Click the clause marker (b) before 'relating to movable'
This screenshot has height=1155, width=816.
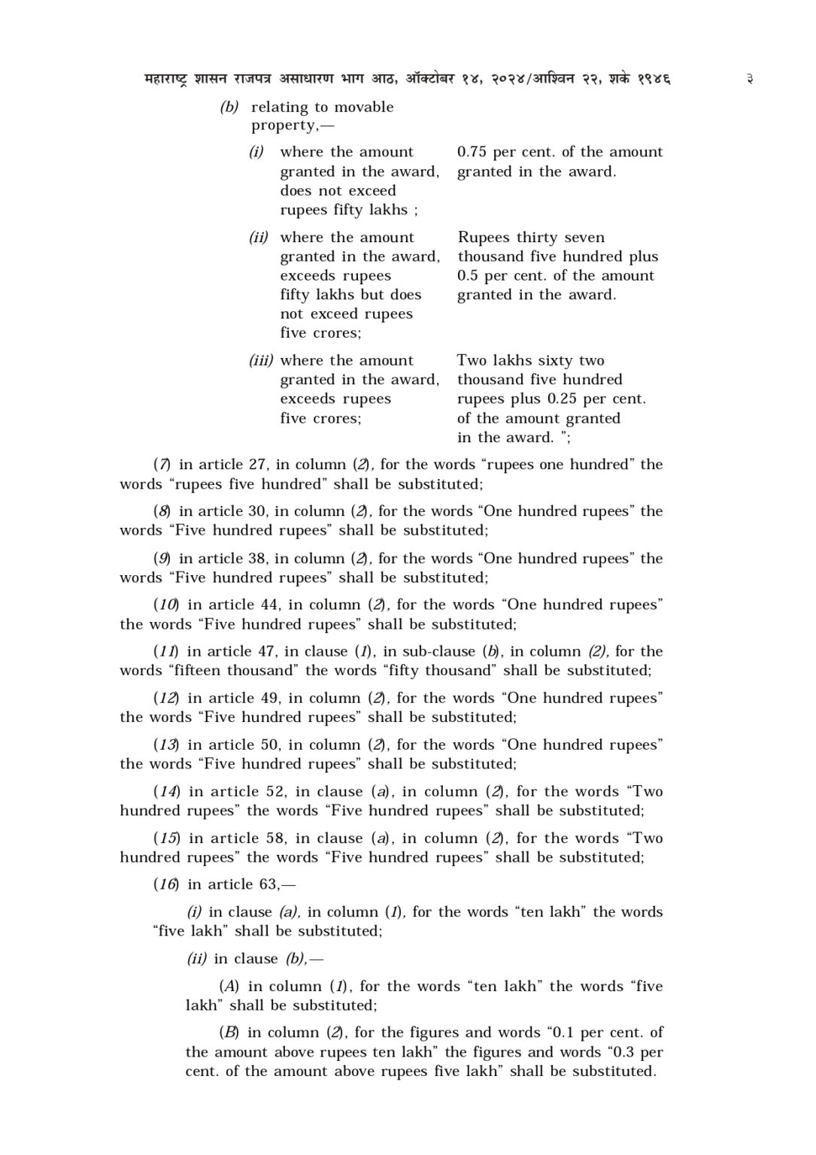tap(229, 108)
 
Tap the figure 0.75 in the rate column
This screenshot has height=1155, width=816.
tap(472, 152)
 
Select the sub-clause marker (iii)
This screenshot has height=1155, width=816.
tap(261, 361)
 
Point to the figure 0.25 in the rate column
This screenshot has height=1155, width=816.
tap(562, 399)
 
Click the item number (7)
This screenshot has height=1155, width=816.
tap(162, 465)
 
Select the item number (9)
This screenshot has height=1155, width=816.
tap(162, 559)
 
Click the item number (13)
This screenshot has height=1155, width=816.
tap(166, 745)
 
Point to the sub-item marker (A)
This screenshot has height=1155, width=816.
tap(229, 987)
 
